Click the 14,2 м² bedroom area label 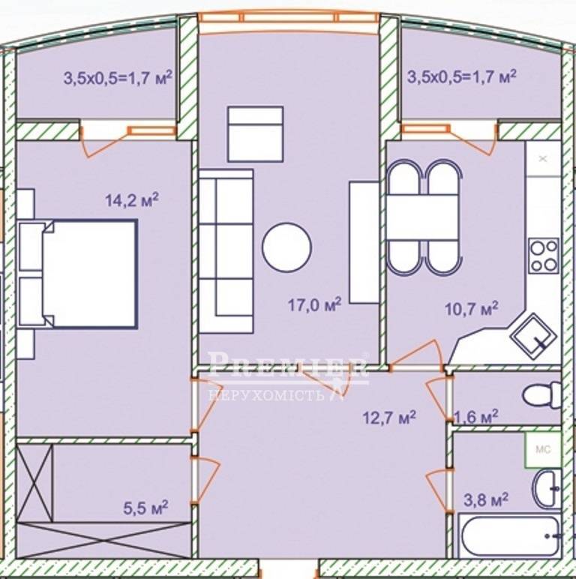point(132,199)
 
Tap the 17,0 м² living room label point(314,304)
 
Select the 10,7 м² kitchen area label point(472,308)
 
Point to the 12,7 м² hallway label point(389,417)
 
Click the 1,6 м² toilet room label point(476,417)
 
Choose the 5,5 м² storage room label point(145,508)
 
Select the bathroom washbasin point(547,489)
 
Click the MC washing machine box point(543,449)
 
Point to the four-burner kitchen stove point(544,256)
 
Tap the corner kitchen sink point(533,337)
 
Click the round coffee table point(287,247)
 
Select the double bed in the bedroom point(78,274)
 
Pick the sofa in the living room point(226,251)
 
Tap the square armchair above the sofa point(256,134)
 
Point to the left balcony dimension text point(118,77)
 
